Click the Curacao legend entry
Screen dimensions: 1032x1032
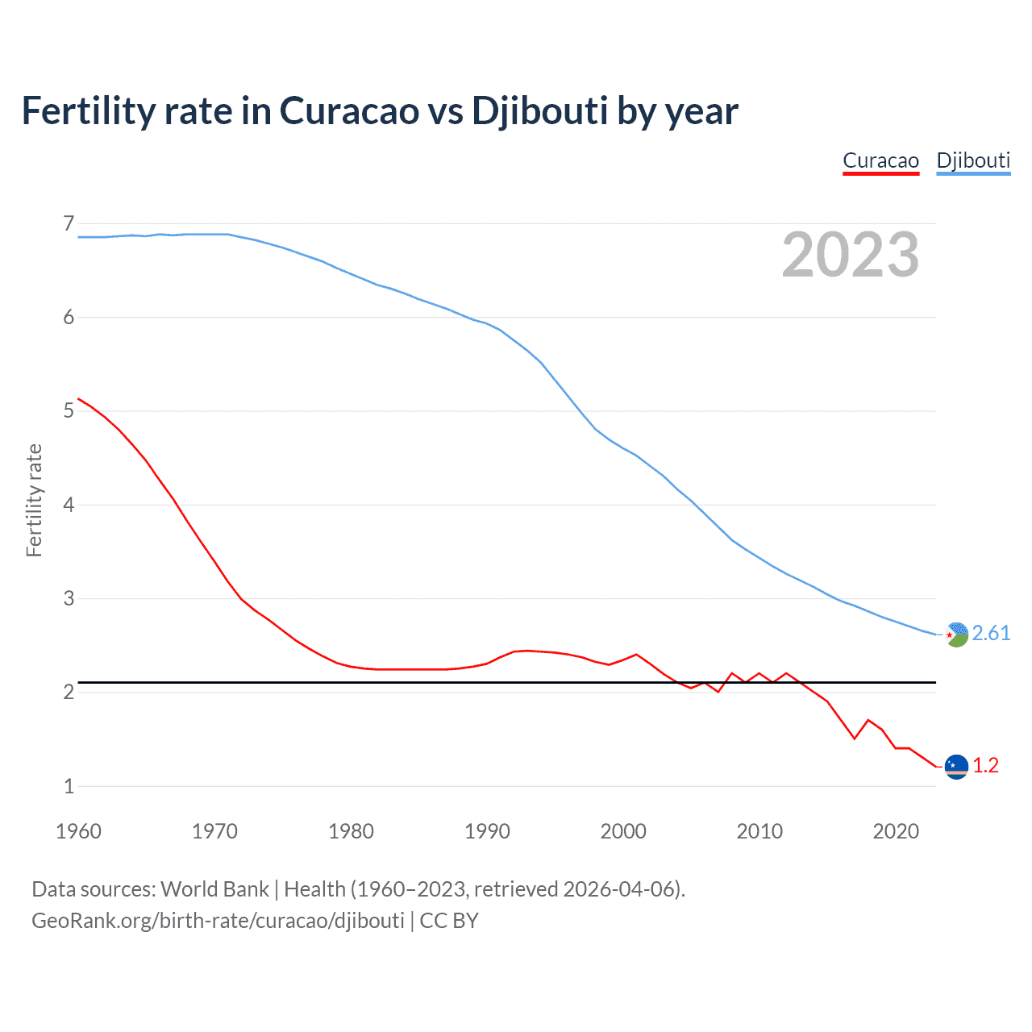coord(880,160)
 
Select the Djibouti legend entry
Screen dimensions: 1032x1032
coord(973,160)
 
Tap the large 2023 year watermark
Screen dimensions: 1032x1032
coord(850,255)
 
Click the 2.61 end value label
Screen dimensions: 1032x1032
coord(991,633)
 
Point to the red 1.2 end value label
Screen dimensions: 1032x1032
coord(985,765)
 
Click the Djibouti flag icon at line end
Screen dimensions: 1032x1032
coord(955,635)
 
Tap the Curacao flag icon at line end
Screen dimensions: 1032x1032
coord(955,766)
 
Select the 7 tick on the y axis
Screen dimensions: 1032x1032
coord(69,223)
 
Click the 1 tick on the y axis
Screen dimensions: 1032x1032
coord(69,786)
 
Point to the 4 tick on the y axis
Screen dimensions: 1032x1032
coord(69,505)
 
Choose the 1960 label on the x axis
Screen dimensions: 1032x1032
coord(78,831)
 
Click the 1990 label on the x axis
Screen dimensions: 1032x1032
coord(487,831)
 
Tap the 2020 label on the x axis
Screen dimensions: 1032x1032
coord(896,831)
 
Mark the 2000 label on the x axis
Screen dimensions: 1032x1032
coord(623,831)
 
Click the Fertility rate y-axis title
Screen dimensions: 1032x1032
coord(34,500)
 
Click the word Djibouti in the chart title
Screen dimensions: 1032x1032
coord(539,110)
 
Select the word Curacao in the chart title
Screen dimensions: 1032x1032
coord(349,110)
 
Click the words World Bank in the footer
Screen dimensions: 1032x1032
coord(214,889)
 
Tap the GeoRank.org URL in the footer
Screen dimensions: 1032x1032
coord(218,921)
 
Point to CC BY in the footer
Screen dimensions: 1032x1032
coord(449,921)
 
